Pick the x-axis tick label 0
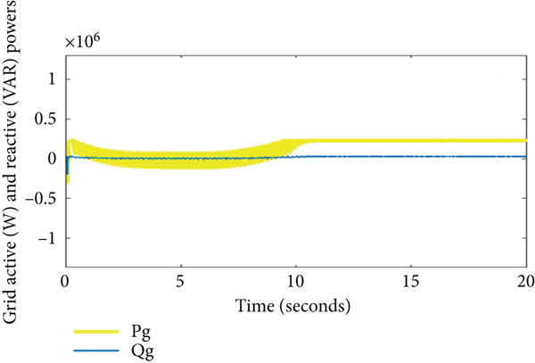point(66,281)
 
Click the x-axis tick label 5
point(181,281)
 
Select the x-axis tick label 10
point(296,281)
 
